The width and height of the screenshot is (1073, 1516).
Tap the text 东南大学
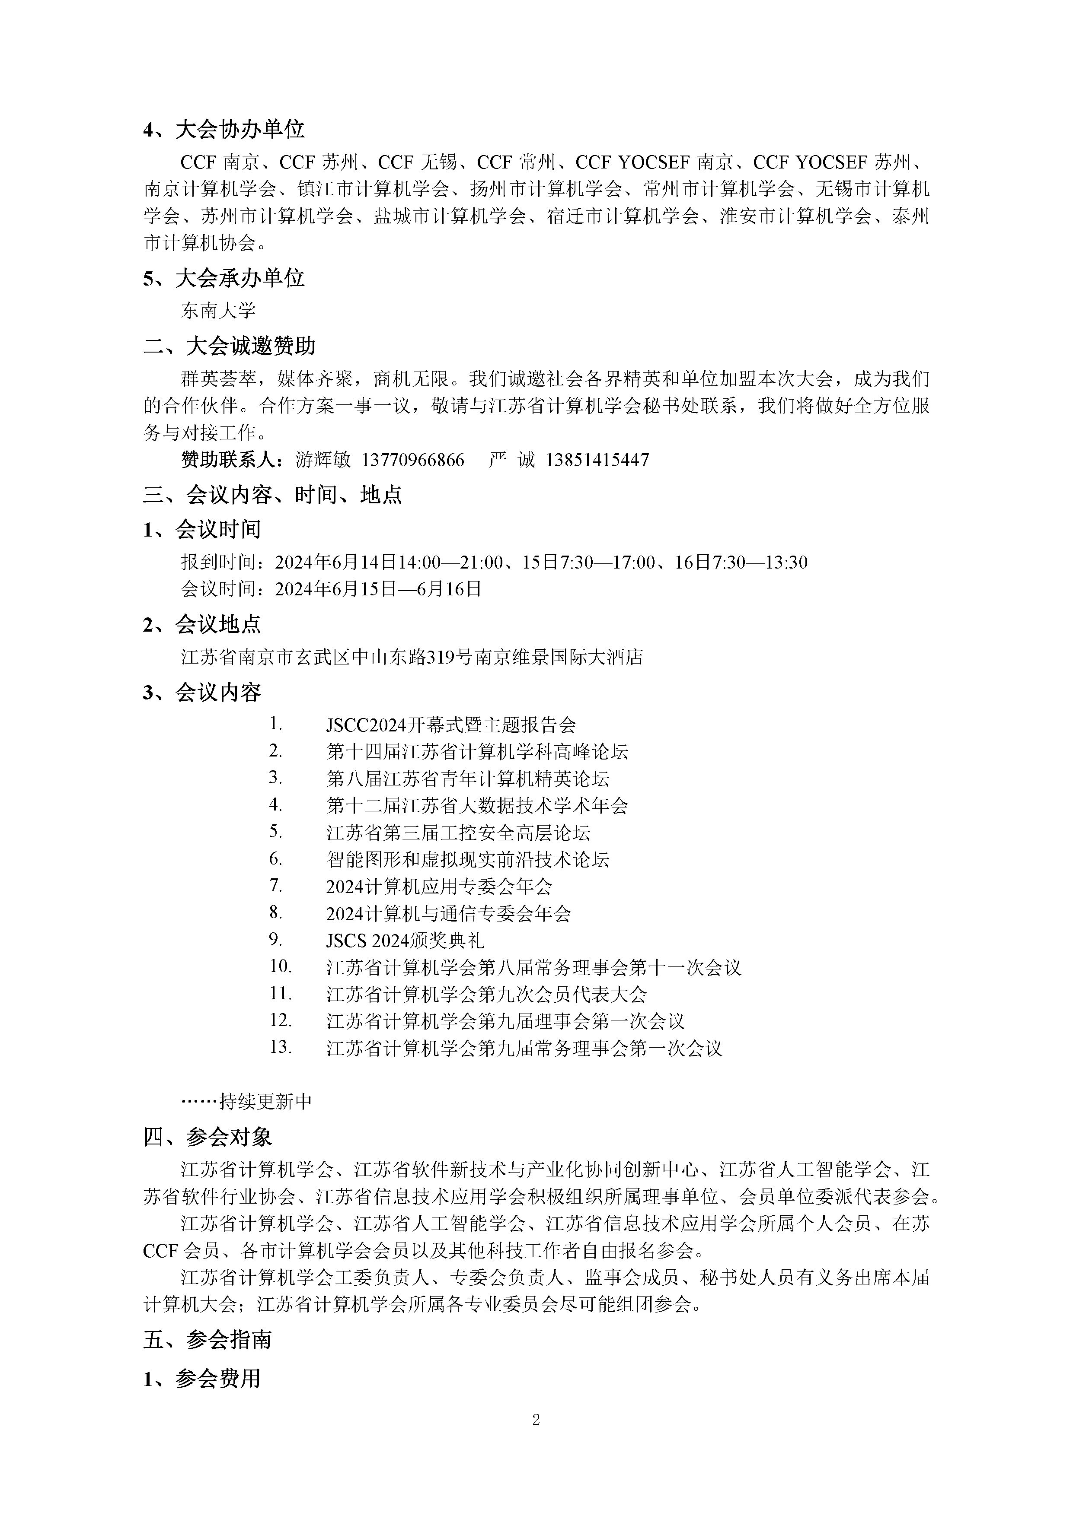click(x=218, y=310)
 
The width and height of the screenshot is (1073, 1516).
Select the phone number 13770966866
click(x=413, y=460)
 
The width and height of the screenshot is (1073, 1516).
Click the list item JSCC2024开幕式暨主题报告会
click(x=450, y=725)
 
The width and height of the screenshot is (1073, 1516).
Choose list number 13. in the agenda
click(x=280, y=1047)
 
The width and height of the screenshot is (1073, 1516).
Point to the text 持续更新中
click(x=265, y=1101)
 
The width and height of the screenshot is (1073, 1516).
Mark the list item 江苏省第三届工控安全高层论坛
click(x=458, y=833)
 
